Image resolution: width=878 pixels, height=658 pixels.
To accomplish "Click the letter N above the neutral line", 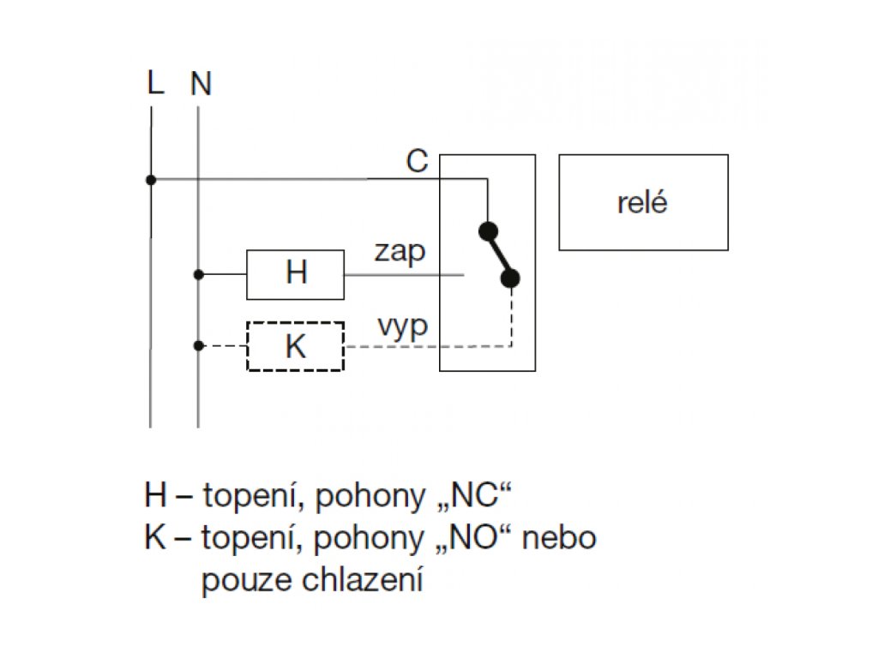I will click(x=201, y=84).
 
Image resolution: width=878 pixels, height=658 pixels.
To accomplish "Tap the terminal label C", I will click(x=417, y=162).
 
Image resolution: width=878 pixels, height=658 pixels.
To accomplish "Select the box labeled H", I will click(x=295, y=274).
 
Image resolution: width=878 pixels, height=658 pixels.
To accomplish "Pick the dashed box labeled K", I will click(x=295, y=346).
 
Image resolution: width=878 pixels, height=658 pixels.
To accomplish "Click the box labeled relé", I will click(x=643, y=202).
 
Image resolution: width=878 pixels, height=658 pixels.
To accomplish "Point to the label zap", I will click(x=400, y=253).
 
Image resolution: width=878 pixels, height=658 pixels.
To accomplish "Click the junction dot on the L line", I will click(x=151, y=180).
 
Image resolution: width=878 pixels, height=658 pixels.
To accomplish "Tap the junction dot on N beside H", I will click(x=199, y=274).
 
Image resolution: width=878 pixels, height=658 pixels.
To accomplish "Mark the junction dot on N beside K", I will click(x=199, y=346).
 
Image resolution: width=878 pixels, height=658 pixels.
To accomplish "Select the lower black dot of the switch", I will click(x=511, y=278).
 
